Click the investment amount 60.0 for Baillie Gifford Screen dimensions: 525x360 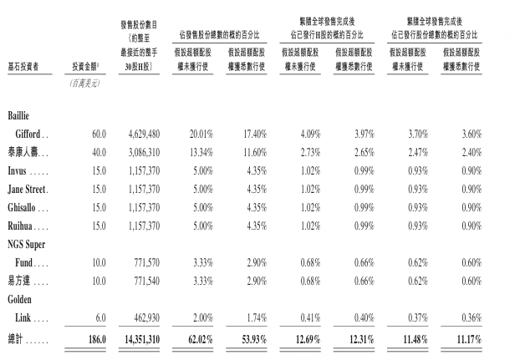(x=99, y=134)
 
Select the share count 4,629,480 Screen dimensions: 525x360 (x=144, y=134)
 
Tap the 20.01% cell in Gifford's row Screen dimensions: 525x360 (x=201, y=134)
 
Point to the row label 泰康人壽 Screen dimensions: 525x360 (x=23, y=152)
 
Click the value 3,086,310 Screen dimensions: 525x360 (x=144, y=153)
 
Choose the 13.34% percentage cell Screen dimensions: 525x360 (x=201, y=153)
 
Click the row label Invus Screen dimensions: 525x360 (x=17, y=170)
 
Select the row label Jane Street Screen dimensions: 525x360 (x=26, y=190)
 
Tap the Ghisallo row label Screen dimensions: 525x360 (x=22, y=207)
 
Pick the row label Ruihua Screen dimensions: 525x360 (x=20, y=226)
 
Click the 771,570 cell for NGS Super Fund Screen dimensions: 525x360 (x=147, y=262)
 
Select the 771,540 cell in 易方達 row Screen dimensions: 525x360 (x=147, y=281)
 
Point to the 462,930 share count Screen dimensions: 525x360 (x=147, y=317)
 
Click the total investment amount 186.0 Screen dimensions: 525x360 (x=97, y=339)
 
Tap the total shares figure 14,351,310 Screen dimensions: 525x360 (x=142, y=339)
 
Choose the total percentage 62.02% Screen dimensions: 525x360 (x=201, y=339)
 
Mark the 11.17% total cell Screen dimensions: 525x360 (x=469, y=339)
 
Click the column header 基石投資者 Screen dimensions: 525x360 (x=23, y=67)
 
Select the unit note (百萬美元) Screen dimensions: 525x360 (x=85, y=84)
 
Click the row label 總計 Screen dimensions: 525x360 (x=15, y=339)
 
